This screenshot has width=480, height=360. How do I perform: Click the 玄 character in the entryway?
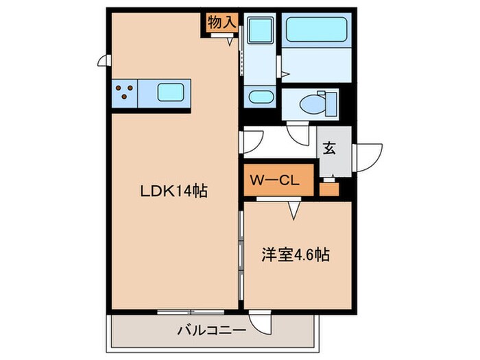tap(331, 148)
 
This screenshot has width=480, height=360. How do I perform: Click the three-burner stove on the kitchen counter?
tap(124, 92)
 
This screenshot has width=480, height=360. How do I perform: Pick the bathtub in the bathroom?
tap(317, 32)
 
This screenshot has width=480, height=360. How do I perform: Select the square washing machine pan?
tap(260, 32)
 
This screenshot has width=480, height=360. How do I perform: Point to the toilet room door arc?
tap(299, 135)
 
